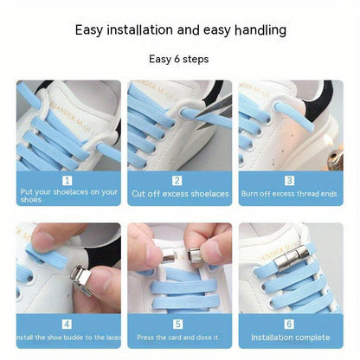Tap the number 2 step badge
(178, 180)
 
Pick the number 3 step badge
(290, 180)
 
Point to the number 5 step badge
(178, 324)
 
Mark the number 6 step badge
(290, 324)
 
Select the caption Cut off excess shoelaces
(179, 194)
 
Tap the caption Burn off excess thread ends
(290, 194)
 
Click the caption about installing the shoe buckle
(67, 337)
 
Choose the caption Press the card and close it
(179, 337)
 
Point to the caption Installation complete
(290, 337)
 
